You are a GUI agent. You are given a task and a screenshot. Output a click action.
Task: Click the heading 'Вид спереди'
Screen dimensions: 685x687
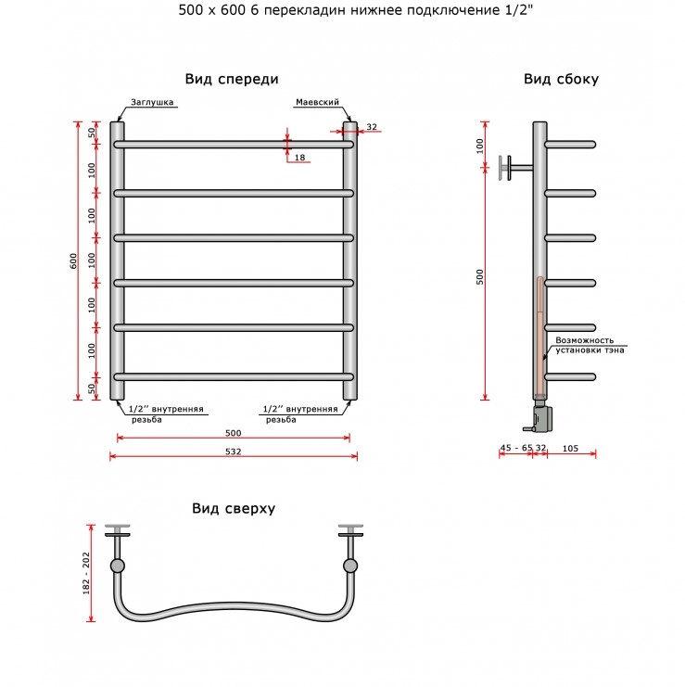coord(232,80)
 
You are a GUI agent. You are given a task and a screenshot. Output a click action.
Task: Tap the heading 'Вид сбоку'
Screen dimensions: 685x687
coord(561,79)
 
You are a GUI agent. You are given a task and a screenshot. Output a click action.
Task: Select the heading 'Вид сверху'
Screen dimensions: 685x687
coord(234,509)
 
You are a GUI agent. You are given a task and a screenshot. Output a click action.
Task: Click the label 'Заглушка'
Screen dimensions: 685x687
coord(152,102)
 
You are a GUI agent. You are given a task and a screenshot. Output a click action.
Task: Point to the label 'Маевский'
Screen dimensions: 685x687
coord(318,102)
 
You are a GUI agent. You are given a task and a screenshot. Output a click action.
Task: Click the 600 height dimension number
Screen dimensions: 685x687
coord(73,261)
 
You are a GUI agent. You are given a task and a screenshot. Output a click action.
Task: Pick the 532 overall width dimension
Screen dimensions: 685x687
coord(233,452)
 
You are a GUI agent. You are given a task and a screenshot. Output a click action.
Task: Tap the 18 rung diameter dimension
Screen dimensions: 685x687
coord(299,158)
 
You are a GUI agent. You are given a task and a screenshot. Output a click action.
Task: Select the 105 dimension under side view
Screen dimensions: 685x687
coord(570,448)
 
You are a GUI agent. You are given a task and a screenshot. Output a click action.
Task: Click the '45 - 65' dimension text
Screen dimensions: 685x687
coord(516,448)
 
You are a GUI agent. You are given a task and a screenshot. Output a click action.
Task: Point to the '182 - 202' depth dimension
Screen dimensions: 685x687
coord(86,573)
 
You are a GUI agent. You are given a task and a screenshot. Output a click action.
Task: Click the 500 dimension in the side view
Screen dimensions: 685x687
coord(479,277)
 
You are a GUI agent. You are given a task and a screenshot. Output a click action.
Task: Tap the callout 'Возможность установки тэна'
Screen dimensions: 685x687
coord(590,345)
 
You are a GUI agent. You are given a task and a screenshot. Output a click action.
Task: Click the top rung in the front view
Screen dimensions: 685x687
coord(234,145)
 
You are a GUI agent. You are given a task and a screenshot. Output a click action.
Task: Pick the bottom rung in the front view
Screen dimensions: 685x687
coord(234,376)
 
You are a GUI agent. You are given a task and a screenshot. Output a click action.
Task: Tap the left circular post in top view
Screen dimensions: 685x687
coord(118,566)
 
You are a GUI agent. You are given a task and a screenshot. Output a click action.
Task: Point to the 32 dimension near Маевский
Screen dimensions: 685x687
coord(372,127)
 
